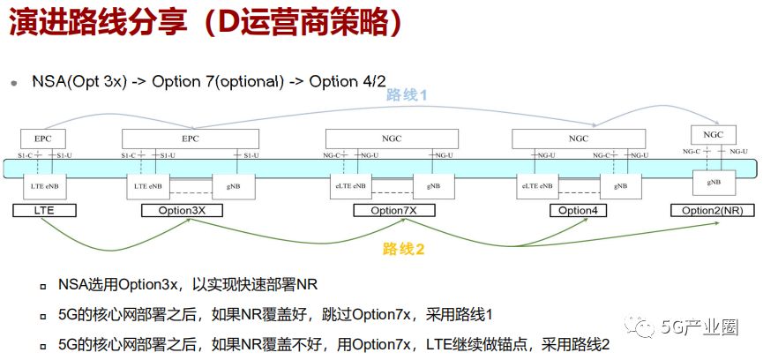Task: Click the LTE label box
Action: click(x=44, y=211)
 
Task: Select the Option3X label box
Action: click(x=182, y=211)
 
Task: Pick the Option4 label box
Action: click(x=578, y=211)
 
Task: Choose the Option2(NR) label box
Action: click(x=711, y=211)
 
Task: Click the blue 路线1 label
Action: click(x=407, y=95)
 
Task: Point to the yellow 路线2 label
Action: click(x=404, y=250)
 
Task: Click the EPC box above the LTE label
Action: click(x=43, y=139)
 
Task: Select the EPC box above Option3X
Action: click(x=191, y=139)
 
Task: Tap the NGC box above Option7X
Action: click(x=392, y=139)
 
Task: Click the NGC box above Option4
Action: click(x=579, y=139)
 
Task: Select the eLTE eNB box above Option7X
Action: click(x=350, y=186)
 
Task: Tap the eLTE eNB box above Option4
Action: click(x=536, y=186)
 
